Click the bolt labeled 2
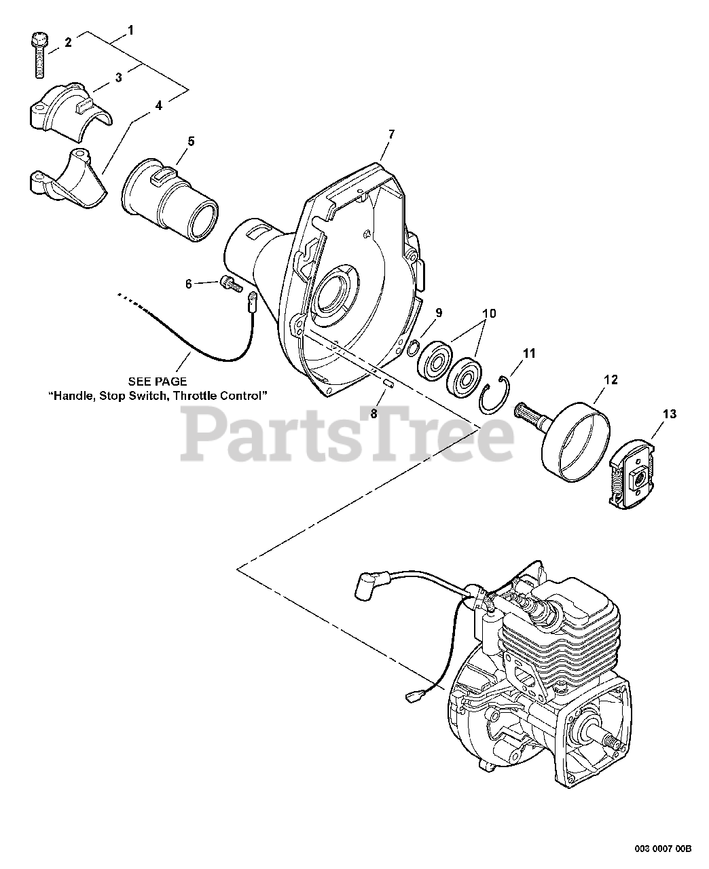click(x=39, y=54)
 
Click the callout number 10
click(x=489, y=314)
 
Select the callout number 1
click(x=130, y=30)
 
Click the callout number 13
click(x=670, y=415)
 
